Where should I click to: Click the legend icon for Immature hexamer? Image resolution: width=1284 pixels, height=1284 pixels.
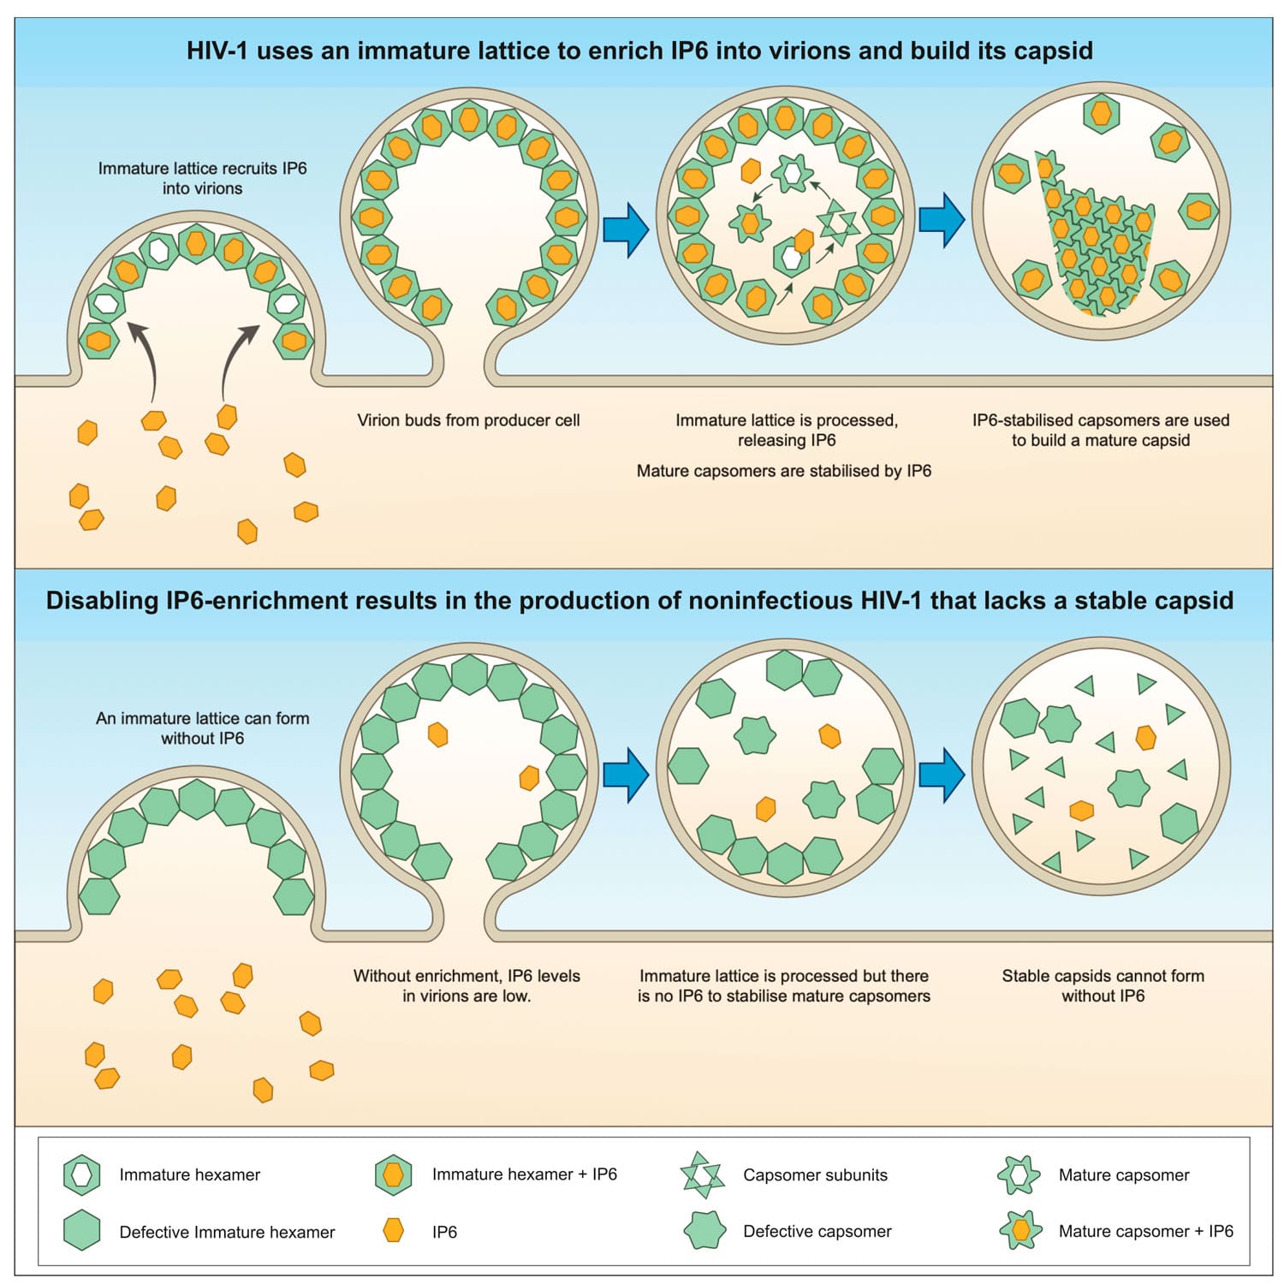82,1174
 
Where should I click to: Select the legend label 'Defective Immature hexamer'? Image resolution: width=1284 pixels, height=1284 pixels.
227,1232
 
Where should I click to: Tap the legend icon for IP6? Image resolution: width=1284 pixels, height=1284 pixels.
394,1231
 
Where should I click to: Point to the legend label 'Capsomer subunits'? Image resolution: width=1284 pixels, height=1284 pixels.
815,1174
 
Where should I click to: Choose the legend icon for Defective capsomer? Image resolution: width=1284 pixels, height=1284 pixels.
704,1231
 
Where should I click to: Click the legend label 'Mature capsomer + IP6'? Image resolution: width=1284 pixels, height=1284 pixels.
1145,1231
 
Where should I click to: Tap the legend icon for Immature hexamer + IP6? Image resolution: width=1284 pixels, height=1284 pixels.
394,1174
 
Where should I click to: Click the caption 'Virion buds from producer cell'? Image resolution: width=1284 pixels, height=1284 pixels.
468,420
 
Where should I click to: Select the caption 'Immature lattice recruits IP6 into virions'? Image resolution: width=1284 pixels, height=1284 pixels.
202,178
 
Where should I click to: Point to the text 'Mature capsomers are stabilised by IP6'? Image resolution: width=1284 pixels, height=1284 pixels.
783,471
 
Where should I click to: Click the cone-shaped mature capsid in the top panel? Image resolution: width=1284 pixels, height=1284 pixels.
1096,244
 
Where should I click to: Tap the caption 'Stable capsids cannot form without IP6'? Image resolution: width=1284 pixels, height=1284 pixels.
1103,985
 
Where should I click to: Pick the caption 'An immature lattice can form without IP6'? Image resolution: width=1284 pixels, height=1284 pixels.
202,728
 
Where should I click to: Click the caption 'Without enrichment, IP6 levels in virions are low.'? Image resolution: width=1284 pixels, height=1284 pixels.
467,985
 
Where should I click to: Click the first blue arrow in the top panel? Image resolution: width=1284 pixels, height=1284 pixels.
626,229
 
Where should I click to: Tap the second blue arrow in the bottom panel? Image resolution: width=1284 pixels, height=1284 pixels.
942,775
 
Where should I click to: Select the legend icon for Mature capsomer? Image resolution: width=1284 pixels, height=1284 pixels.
1019,1174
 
